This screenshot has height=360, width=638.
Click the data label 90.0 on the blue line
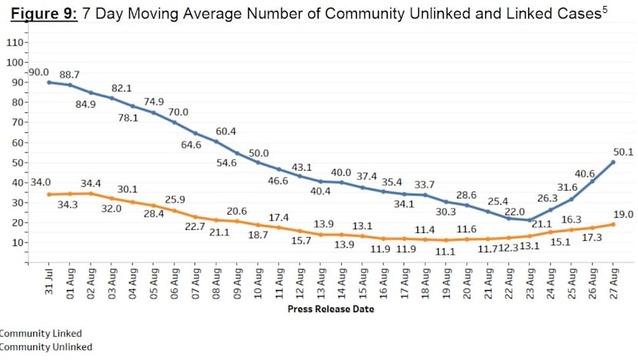click(x=38, y=72)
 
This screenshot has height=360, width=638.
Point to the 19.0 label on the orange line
click(x=623, y=215)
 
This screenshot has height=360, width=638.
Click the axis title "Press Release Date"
click(x=331, y=309)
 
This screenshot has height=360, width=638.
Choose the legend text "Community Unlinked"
click(x=46, y=347)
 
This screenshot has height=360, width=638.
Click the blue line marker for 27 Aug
click(x=613, y=162)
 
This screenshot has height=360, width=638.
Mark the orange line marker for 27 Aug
click(x=613, y=224)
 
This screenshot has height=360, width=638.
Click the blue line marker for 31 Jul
click(x=48, y=82)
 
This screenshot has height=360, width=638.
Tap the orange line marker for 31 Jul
click(x=48, y=194)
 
